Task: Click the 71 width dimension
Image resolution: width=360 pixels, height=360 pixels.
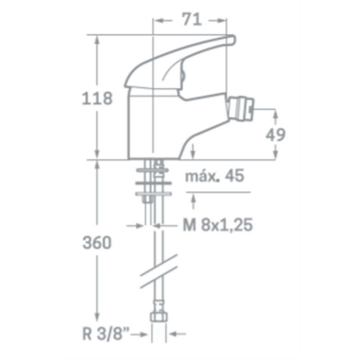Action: [x=192, y=19]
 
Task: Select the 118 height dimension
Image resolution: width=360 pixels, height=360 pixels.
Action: [x=97, y=98]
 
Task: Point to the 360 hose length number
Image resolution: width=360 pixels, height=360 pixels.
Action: [x=97, y=243]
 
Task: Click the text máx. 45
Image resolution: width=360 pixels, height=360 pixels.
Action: [x=215, y=176]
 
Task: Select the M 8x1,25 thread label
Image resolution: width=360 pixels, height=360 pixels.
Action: [x=218, y=225]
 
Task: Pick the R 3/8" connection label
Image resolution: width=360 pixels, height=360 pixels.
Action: [x=106, y=334]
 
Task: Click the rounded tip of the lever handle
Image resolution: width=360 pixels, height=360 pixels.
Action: [x=233, y=40]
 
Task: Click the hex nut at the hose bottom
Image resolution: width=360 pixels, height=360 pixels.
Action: [x=159, y=317]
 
